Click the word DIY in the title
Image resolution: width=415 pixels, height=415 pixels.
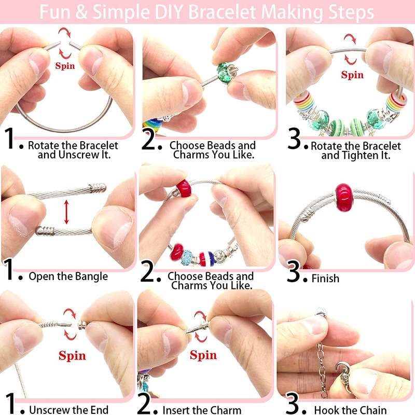(x=170, y=12)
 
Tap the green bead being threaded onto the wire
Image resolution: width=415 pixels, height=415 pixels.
(x=225, y=72)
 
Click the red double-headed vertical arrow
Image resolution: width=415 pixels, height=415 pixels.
(x=66, y=212)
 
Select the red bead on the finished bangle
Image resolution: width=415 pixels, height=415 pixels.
(x=344, y=198)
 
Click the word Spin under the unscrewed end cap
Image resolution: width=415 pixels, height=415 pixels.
(x=72, y=355)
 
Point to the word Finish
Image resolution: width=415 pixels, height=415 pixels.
(x=325, y=279)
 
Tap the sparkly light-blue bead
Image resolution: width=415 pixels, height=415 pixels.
(x=187, y=257)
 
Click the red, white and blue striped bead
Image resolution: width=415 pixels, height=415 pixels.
(x=206, y=259)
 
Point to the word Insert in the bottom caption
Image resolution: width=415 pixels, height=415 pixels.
(x=177, y=410)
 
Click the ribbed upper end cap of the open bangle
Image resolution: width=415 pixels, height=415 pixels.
(x=98, y=188)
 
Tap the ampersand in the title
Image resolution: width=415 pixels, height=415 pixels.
(x=81, y=12)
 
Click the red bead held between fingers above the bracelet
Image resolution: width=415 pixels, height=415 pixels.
(x=184, y=188)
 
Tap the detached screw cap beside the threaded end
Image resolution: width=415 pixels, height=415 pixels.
(x=82, y=325)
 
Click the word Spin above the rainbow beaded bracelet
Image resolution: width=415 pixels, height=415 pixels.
(x=352, y=75)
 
